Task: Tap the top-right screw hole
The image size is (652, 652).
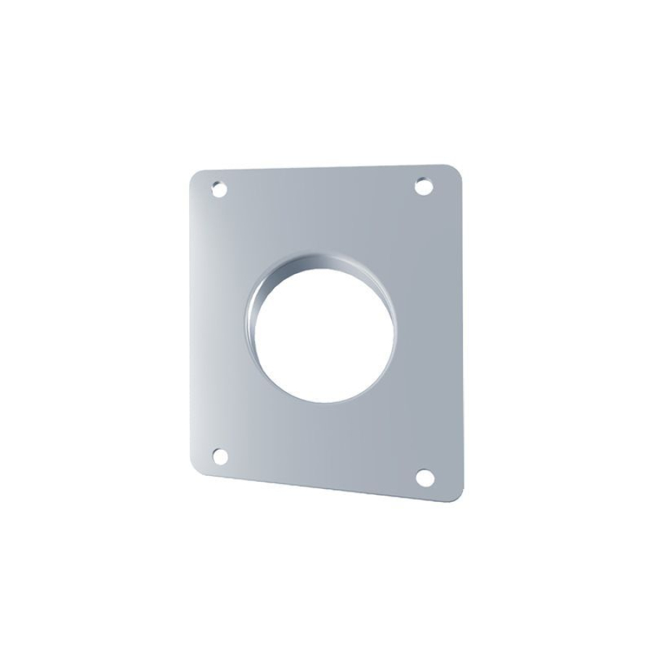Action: pos(423,187)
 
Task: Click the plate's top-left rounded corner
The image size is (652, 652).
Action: pos(196,178)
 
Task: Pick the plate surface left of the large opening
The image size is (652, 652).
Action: pos(217,326)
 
